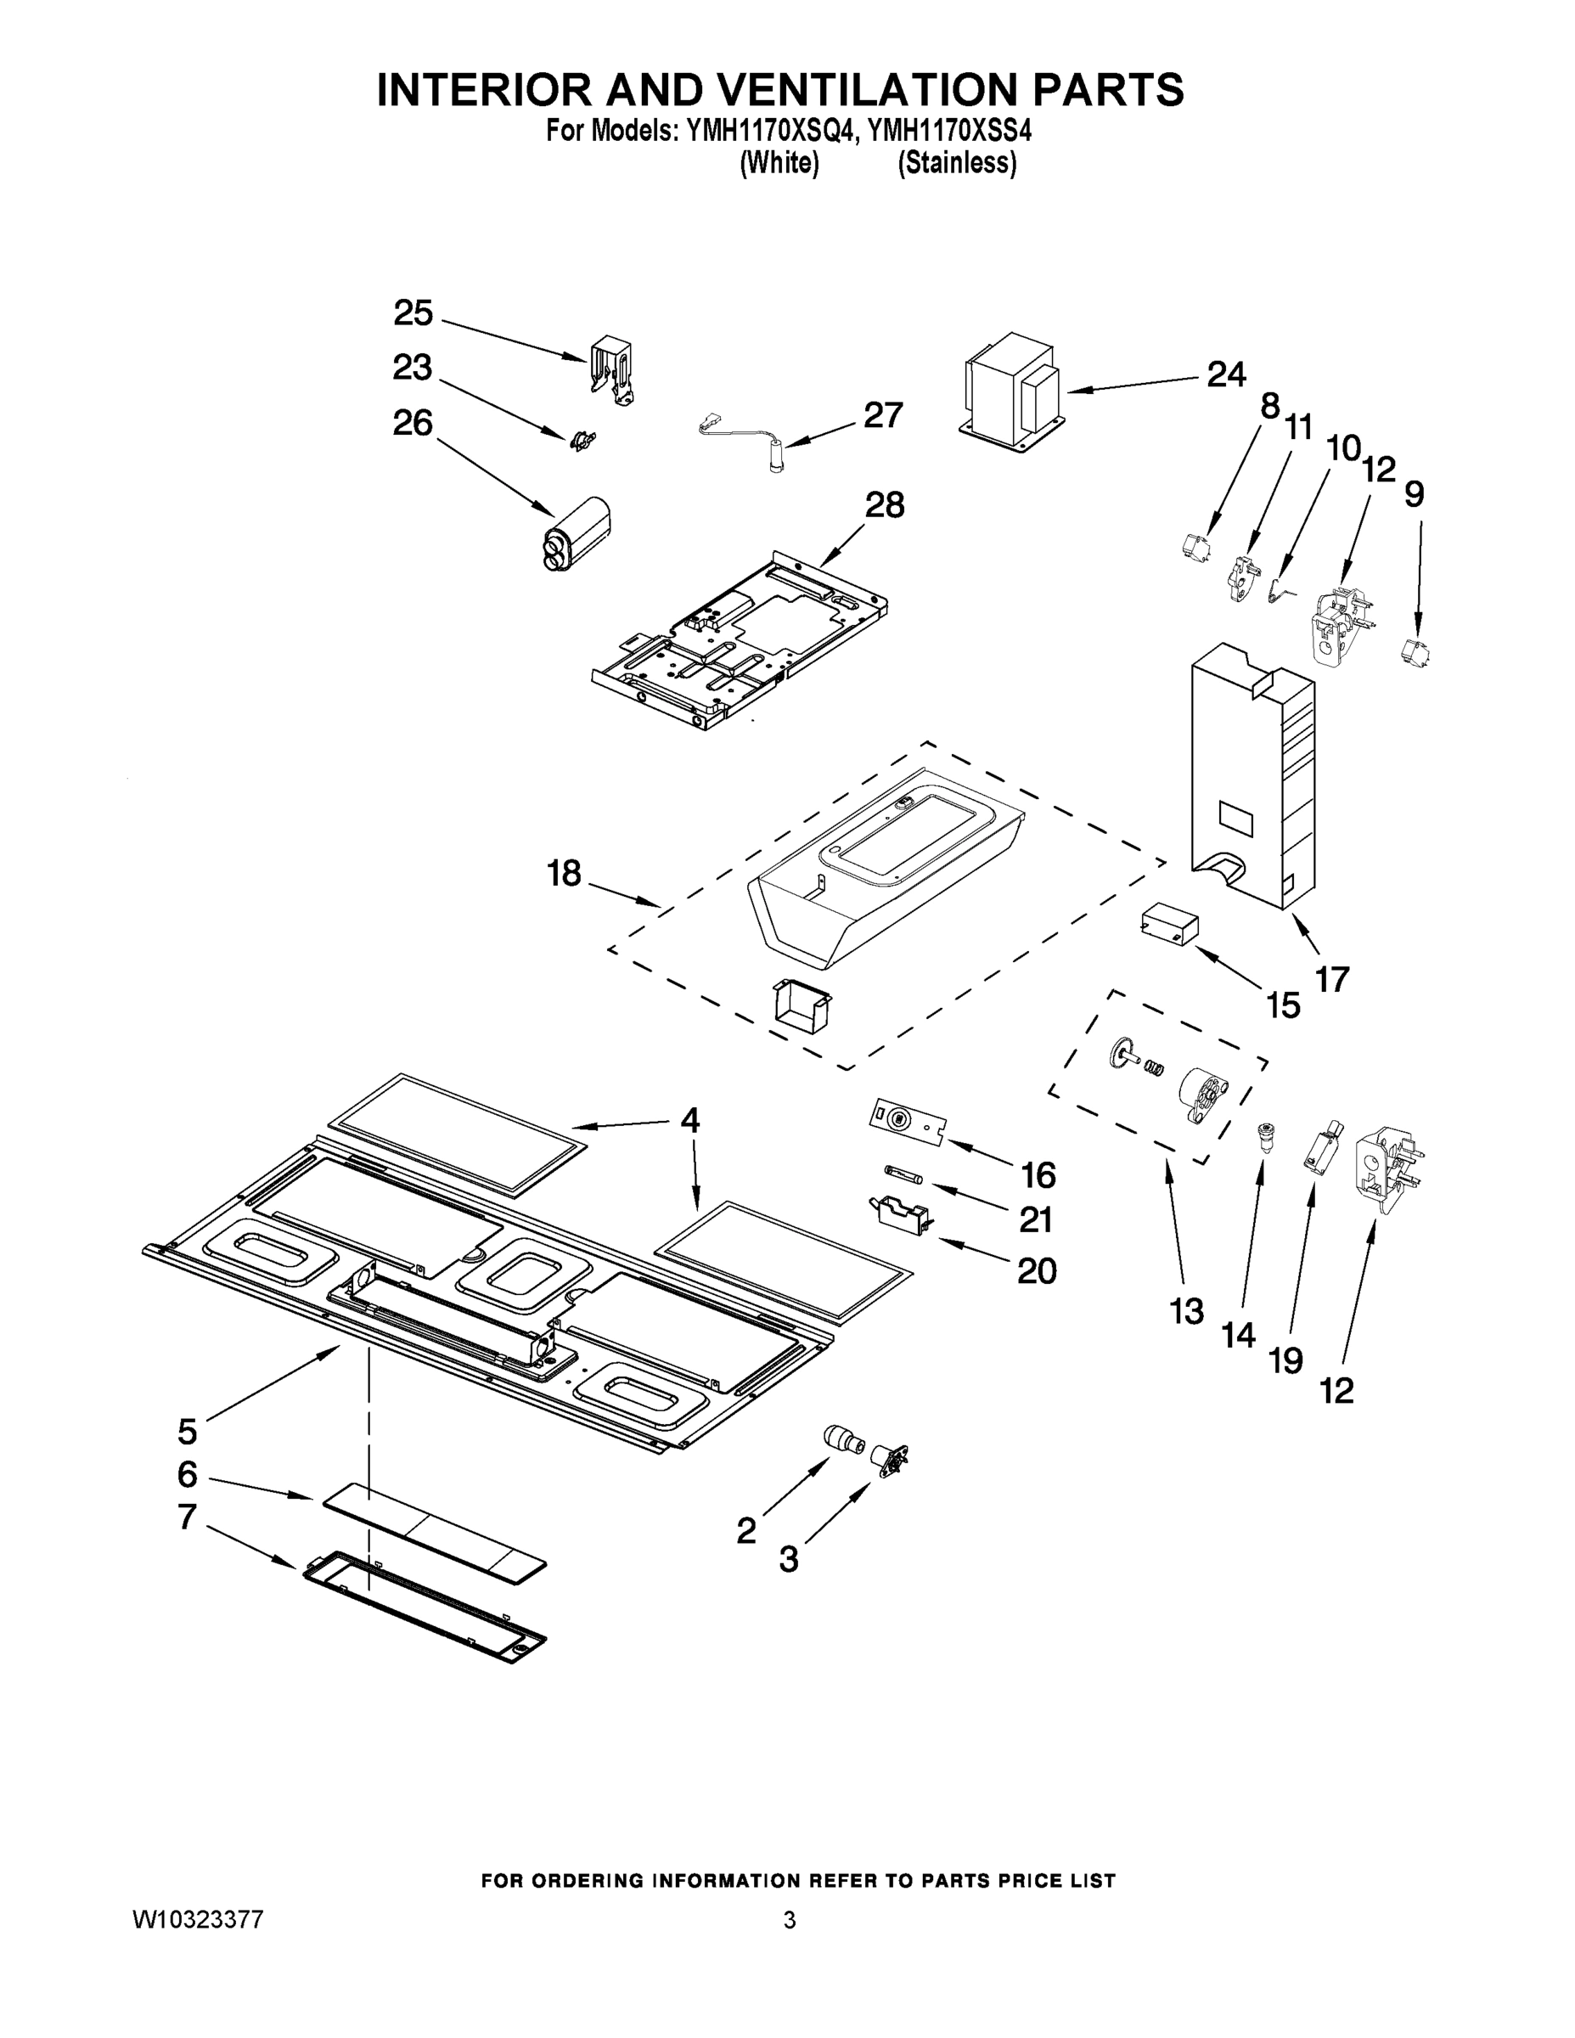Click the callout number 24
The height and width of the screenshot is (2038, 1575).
1226,375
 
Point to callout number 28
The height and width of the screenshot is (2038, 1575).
884,505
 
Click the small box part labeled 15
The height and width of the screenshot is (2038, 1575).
1168,924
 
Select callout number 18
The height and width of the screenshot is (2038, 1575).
565,874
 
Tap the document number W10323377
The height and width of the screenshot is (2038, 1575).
197,1919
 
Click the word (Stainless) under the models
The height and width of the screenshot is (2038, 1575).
956,162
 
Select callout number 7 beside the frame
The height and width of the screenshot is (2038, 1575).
188,1517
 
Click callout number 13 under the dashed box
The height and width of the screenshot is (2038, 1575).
1187,1311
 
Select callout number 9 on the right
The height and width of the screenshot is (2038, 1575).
1414,494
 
